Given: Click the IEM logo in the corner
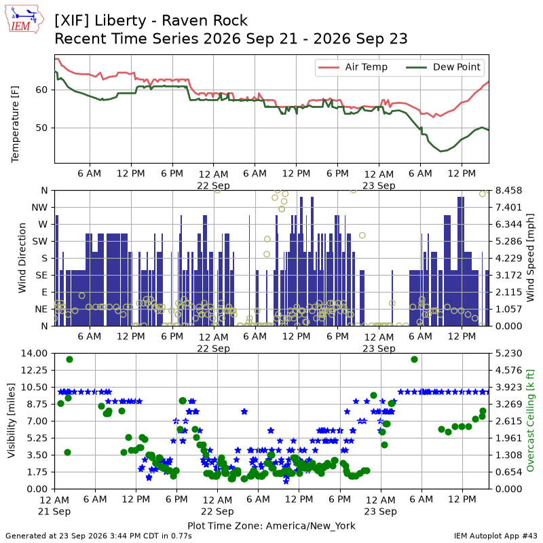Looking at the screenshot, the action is point(24,19).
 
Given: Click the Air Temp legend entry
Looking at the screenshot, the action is point(352,67).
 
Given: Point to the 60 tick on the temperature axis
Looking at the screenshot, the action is point(41,90).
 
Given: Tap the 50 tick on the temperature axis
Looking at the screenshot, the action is point(41,128).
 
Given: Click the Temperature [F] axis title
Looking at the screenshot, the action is point(15,124).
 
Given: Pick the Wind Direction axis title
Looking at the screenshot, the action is point(22,258).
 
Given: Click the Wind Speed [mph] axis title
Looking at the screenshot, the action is point(530,258).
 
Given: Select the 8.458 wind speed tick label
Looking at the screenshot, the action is point(508,191).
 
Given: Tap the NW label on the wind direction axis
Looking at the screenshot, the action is point(39,208).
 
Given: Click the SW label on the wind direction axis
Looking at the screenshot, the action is point(40,241).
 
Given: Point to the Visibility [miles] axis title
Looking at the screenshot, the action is point(12,420).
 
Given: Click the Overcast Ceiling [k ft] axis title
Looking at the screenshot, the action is point(530,420).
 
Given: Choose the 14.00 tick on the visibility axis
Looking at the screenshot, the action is point(34,353).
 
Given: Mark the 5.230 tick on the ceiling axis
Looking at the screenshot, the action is point(508,353).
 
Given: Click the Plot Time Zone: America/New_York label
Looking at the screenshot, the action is point(271,525).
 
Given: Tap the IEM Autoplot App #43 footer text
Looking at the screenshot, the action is point(495,536).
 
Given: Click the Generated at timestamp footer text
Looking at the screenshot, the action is point(98,536).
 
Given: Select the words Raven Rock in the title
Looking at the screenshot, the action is point(205,20).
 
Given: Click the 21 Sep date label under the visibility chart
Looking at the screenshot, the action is point(54,511).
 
